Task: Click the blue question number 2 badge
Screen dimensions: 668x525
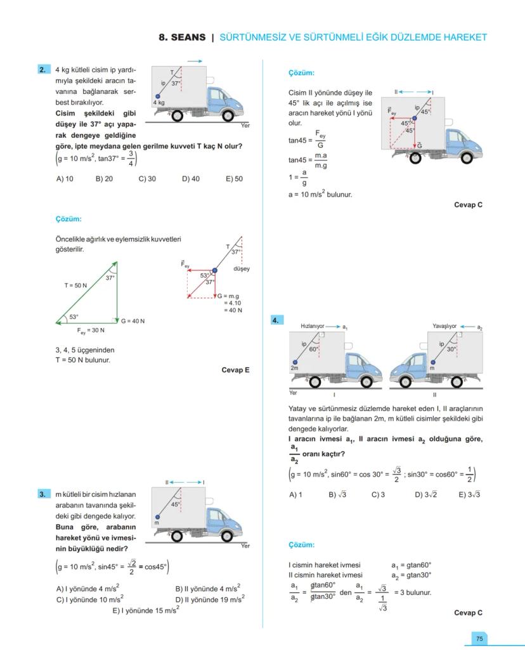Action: pyautogui.click(x=44, y=70)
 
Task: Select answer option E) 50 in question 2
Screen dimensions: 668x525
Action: pyautogui.click(x=234, y=179)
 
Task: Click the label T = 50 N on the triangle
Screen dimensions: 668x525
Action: pyautogui.click(x=75, y=285)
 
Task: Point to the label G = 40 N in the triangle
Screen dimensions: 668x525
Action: pyautogui.click(x=133, y=321)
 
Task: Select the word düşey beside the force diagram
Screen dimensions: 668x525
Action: pyautogui.click(x=242, y=268)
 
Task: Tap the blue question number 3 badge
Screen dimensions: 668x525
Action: pyautogui.click(x=44, y=494)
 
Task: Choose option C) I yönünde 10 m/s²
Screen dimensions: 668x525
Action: pyautogui.click(x=90, y=598)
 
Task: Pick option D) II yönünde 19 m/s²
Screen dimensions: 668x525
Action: pyautogui.click(x=210, y=598)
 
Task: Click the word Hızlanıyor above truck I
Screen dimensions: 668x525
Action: pyautogui.click(x=313, y=326)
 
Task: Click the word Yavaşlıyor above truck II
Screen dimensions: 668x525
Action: pyautogui.click(x=444, y=326)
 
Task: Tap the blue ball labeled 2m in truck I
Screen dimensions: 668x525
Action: pyautogui.click(x=295, y=362)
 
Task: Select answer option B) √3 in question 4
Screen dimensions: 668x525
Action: pyautogui.click(x=337, y=495)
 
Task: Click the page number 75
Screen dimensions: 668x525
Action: pyautogui.click(x=480, y=639)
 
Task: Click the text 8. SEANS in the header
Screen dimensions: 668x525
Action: pyautogui.click(x=181, y=37)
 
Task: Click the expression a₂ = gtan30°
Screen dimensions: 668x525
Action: pyautogui.click(x=412, y=575)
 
